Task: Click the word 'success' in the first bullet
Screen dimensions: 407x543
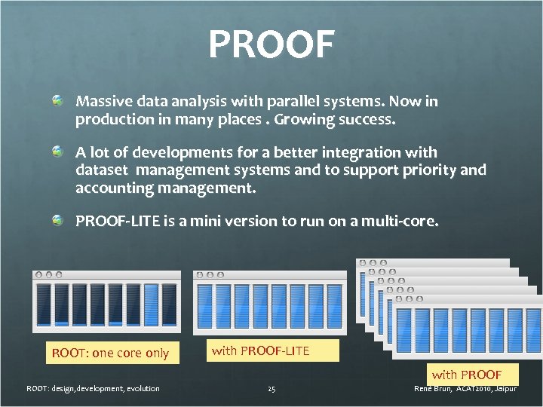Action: click(x=367, y=120)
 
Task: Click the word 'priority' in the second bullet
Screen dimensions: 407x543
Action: click(x=429, y=170)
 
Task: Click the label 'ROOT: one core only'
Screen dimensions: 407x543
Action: click(x=110, y=353)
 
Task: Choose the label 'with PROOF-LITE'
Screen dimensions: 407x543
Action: click(x=260, y=350)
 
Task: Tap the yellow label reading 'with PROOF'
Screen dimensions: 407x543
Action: click(x=466, y=375)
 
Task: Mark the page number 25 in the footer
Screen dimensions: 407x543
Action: click(x=271, y=389)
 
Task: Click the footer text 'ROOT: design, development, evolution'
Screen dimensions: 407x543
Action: click(x=93, y=389)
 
